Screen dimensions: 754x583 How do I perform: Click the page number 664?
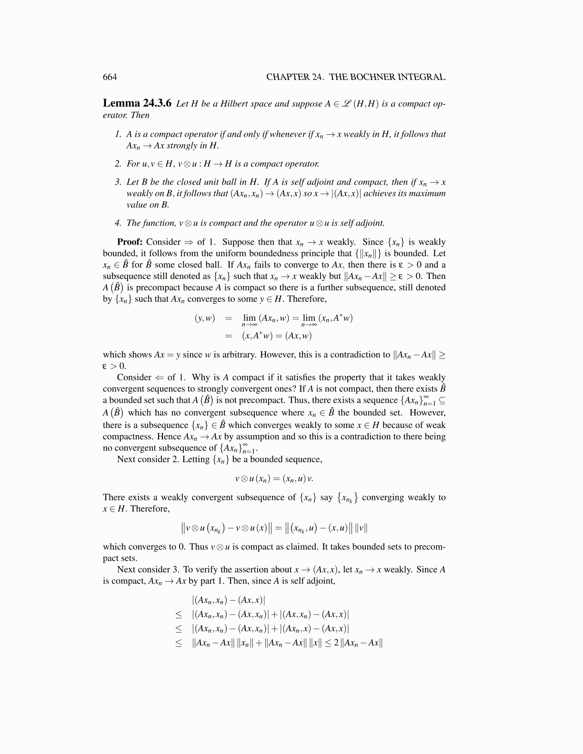pyautogui.click(x=110, y=77)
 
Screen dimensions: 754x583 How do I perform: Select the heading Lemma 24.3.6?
pyautogui.click(x=137, y=103)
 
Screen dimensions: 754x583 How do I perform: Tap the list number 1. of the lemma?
pyautogui.click(x=118, y=134)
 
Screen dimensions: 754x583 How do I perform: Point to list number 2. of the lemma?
pyautogui.click(x=118, y=164)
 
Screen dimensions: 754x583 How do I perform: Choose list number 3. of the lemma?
pyautogui.click(x=118, y=182)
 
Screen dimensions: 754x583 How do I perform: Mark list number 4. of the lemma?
pyautogui.click(x=118, y=223)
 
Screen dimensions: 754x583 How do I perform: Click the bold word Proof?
pyautogui.click(x=130, y=242)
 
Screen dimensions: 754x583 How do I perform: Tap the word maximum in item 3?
pyautogui.click(x=429, y=193)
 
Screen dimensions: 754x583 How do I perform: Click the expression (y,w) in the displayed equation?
pyautogui.click(x=205, y=318)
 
